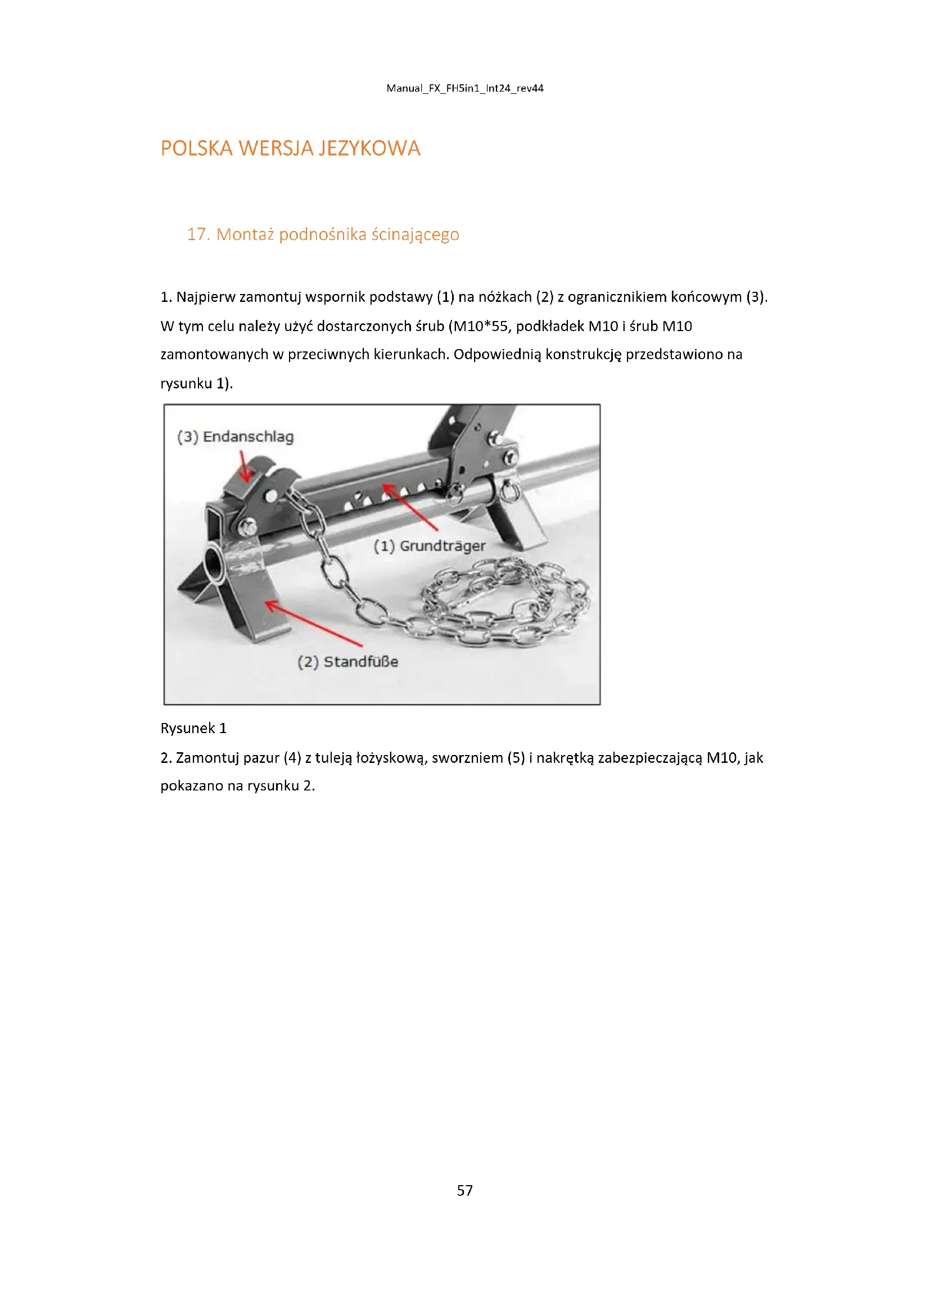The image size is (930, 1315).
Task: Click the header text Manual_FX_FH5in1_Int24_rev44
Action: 464,88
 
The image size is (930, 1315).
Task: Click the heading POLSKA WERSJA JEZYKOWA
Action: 290,148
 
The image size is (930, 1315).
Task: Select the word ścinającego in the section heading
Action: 415,234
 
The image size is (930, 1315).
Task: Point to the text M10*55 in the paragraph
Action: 480,326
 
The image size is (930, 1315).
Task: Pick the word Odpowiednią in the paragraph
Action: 497,354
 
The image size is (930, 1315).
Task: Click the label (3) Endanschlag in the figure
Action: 236,436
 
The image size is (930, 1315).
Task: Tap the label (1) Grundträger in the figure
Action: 430,546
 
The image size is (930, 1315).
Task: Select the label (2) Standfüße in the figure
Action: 347,662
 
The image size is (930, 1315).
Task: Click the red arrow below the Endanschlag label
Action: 245,467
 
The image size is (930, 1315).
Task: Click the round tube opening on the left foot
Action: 215,562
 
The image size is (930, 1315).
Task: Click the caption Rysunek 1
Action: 193,728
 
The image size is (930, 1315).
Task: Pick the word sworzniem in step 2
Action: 467,758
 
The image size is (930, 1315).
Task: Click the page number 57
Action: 464,1190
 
